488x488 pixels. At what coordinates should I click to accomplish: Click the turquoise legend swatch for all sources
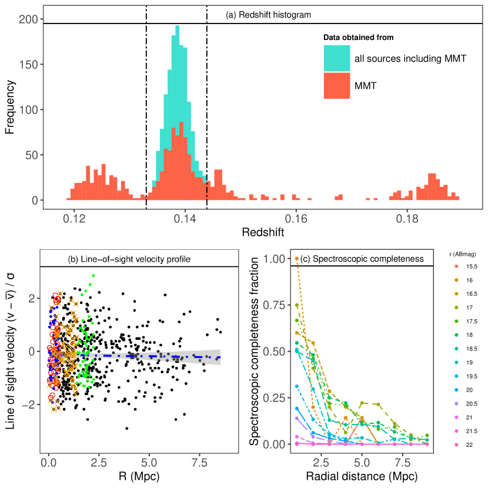tap(336, 58)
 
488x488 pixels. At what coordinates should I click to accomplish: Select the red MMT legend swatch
tap(336, 86)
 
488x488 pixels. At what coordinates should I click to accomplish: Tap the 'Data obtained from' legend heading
tap(358, 38)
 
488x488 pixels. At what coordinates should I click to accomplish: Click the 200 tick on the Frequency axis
tap(32, 19)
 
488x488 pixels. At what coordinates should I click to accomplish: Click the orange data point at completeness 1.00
tap(297, 258)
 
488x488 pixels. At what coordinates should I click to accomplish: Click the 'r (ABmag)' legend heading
tap(462, 253)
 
